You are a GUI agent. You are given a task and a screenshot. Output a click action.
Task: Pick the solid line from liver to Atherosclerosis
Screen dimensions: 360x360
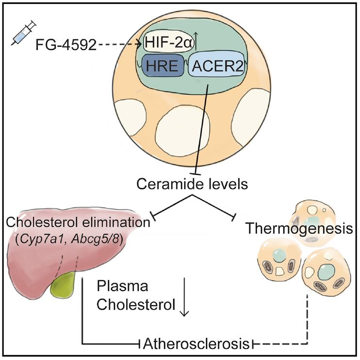[84, 316]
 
